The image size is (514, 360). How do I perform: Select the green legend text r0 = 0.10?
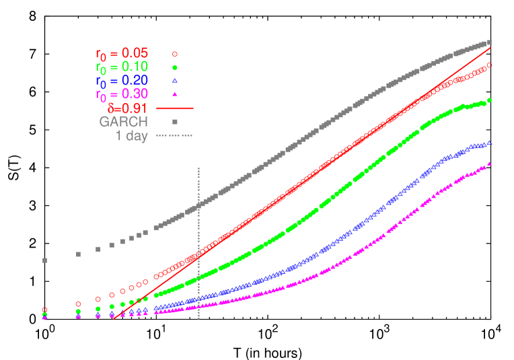(x=122, y=67)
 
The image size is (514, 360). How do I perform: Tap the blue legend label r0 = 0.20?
(x=122, y=81)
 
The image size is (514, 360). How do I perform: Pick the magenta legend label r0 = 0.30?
(x=122, y=94)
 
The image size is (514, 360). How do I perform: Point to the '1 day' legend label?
(x=131, y=136)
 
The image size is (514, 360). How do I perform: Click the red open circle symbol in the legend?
(x=174, y=54)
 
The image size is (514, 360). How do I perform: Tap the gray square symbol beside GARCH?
(x=174, y=122)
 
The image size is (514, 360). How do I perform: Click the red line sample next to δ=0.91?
(x=174, y=108)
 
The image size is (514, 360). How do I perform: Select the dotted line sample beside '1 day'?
(x=174, y=136)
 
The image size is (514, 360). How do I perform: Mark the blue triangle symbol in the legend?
(x=174, y=81)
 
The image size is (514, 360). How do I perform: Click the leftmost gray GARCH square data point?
(x=45, y=260)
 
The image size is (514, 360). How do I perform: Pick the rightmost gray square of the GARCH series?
(x=489, y=42)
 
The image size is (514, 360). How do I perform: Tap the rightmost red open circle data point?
(x=489, y=65)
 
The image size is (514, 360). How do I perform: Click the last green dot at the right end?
(x=489, y=100)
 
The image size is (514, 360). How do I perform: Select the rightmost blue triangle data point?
(x=489, y=143)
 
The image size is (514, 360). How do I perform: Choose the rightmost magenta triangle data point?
(x=489, y=164)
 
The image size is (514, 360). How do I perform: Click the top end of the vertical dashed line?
(x=199, y=168)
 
